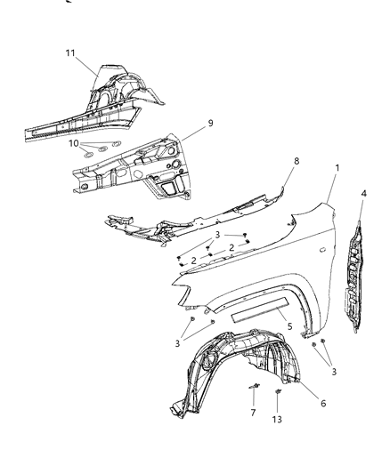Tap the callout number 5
tap(288, 325)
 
